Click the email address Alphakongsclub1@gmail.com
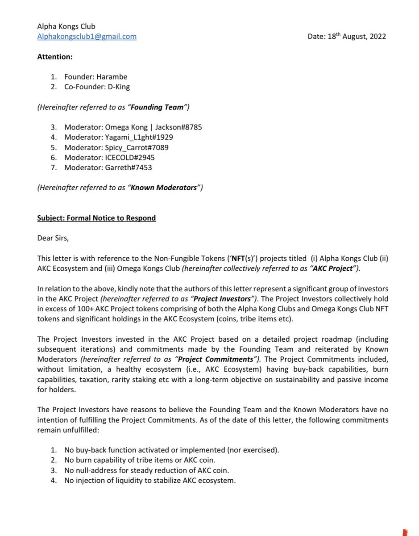[87, 37]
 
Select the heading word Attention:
[55, 57]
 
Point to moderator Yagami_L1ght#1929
[139, 137]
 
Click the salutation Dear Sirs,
[53, 238]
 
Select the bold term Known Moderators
[163, 188]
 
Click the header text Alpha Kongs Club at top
[66, 26]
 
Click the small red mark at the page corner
[405, 532]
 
